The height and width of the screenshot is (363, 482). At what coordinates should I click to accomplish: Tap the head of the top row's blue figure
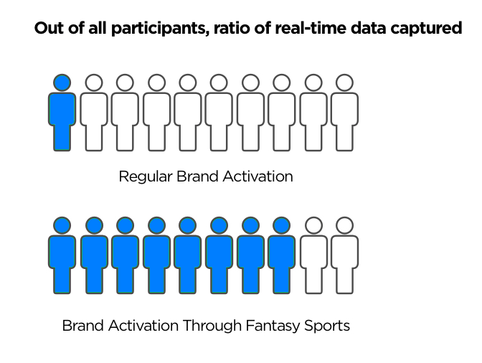pos(62,82)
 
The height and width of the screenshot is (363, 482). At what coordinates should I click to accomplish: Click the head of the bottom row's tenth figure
pos(344,225)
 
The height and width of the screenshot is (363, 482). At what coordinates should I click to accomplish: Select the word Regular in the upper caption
pos(146,177)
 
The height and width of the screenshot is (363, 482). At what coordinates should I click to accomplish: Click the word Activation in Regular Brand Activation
pos(258,176)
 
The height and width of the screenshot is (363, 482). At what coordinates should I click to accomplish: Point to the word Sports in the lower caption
pos(327,326)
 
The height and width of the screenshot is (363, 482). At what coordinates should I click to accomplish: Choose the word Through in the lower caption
pos(212,326)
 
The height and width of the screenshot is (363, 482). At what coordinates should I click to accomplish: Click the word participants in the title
pos(160,29)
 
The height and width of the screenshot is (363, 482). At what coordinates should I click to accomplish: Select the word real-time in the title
pos(311,28)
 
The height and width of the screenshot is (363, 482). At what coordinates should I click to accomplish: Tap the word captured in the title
pos(426,29)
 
